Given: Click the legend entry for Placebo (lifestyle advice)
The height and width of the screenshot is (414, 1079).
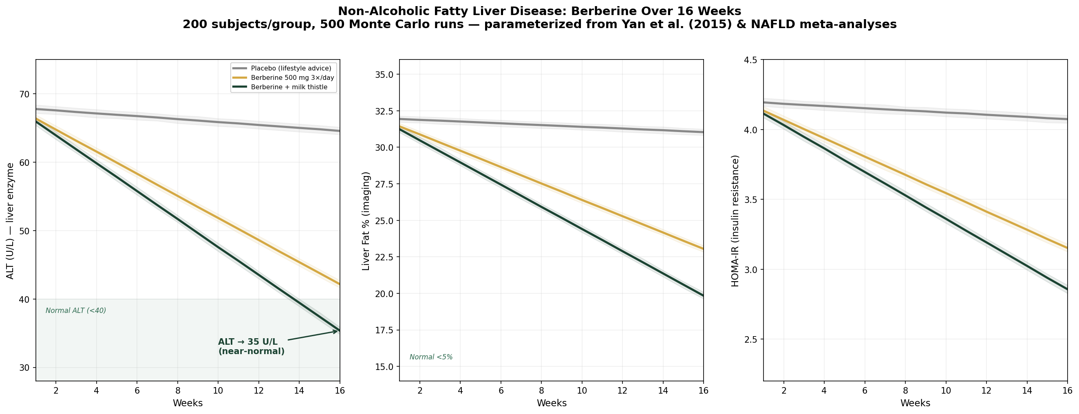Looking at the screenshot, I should click(291, 68).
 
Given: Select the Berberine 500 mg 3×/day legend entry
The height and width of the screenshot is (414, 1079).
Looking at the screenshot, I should click(292, 78).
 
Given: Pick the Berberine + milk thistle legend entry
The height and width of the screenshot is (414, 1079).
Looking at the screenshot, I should click(289, 88).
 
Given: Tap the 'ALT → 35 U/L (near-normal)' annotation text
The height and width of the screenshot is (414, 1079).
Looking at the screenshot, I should click(252, 347).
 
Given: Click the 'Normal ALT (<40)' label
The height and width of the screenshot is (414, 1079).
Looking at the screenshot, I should click(76, 310).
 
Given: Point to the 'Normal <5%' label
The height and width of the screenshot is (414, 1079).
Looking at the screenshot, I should click(431, 357).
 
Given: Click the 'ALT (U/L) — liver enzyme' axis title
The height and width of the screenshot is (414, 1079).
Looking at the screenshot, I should click(10, 220).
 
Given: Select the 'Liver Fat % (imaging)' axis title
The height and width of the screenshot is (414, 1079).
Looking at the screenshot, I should click(366, 220).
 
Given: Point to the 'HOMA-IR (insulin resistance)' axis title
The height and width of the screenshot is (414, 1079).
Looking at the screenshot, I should click(735, 220).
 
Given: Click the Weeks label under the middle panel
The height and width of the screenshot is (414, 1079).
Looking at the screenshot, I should click(551, 403).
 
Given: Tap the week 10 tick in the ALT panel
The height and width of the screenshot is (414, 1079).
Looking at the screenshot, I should click(218, 390).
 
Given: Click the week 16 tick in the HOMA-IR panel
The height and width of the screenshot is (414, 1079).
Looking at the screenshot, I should click(1067, 390).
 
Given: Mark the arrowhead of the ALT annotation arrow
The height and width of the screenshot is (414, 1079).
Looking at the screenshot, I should click(337, 331).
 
